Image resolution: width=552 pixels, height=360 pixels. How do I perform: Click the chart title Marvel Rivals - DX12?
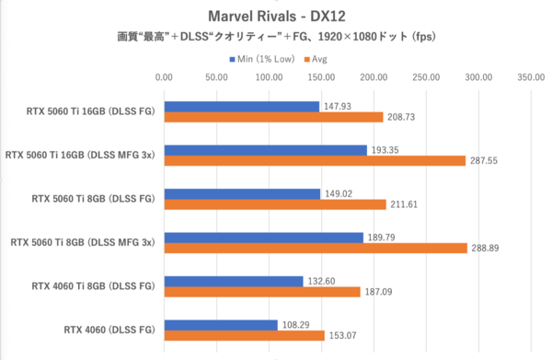click(275, 16)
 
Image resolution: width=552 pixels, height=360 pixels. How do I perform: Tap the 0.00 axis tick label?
click(164, 78)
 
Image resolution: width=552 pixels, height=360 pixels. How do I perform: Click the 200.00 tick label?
click(374, 78)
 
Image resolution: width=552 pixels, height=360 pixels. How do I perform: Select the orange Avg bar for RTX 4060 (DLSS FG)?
click(244, 336)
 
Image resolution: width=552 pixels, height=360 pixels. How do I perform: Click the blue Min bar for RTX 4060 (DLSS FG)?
click(221, 325)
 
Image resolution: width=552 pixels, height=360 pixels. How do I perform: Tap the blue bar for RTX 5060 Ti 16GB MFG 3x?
click(265, 149)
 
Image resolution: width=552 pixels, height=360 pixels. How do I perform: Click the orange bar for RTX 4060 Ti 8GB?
click(261, 292)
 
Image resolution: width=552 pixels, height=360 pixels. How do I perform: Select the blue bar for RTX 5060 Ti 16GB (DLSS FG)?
click(241, 106)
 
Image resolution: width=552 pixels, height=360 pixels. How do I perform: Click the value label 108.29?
click(295, 325)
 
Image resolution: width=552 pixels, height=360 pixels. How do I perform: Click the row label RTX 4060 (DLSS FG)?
click(109, 330)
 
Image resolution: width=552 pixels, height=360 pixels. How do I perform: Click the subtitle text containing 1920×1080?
click(275, 38)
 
